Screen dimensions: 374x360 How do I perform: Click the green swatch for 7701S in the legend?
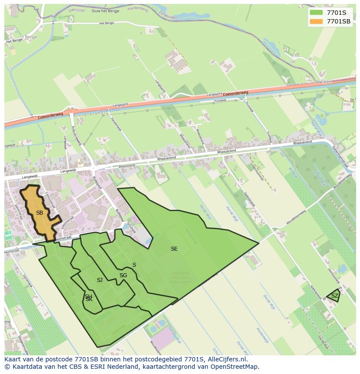click(x=316, y=13)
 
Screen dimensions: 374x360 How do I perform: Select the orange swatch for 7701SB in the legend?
click(x=316, y=21)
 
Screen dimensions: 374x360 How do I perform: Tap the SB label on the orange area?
click(x=40, y=213)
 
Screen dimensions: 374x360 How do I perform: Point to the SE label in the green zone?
click(x=174, y=249)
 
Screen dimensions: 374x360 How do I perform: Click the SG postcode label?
click(x=123, y=275)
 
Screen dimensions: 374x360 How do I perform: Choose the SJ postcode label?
click(x=100, y=280)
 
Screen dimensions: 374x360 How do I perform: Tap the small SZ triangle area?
click(x=334, y=296)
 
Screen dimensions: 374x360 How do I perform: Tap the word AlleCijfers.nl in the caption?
click(x=227, y=360)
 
